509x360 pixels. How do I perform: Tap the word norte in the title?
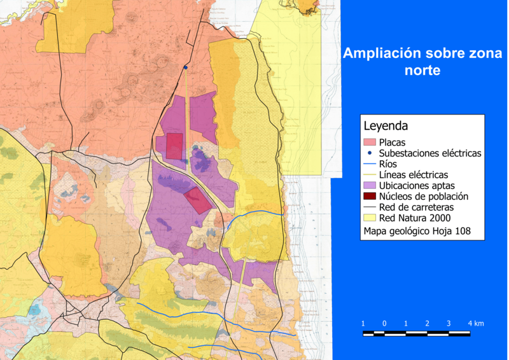[422, 71]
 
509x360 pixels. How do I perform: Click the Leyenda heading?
[386, 126]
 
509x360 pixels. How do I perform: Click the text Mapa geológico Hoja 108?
[417, 231]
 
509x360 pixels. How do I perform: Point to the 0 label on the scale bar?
[384, 324]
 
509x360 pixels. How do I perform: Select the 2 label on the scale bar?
[428, 324]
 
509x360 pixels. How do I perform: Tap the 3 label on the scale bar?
[449, 324]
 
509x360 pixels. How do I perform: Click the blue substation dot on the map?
[186, 67]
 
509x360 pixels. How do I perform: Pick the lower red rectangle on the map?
[198, 200]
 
